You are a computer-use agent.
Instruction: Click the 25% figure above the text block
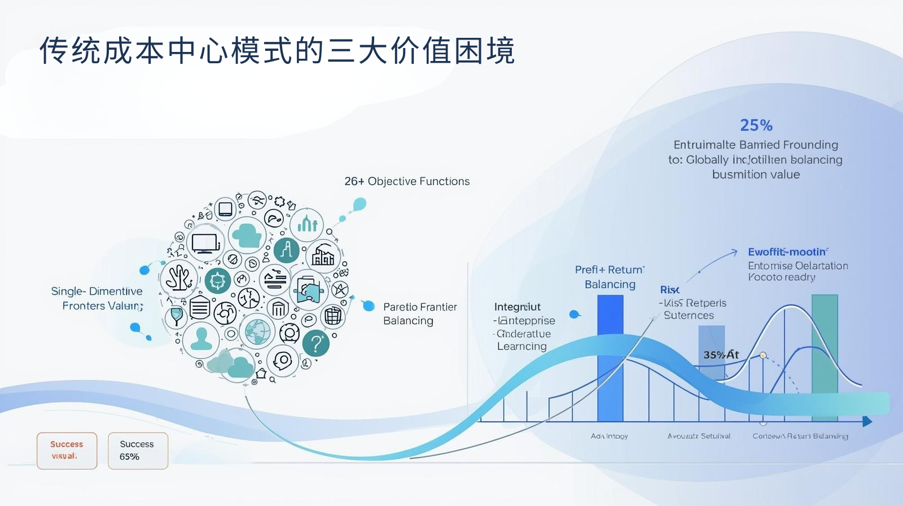coord(756,125)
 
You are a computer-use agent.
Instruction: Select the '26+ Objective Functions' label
coord(407,181)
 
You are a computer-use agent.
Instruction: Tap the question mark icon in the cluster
coord(316,343)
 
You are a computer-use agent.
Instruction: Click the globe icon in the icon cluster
coord(257,331)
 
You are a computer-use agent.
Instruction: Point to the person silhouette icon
coord(201,338)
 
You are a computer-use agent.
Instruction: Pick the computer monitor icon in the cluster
coord(204,243)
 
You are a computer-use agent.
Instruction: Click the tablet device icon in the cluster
coord(225,208)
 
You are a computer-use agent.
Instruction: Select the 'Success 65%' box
coord(138,451)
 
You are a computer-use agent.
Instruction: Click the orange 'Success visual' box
coord(67,451)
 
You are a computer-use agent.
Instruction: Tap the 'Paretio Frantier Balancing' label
coord(419,313)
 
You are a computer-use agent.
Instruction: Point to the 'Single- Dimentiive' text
coord(97,291)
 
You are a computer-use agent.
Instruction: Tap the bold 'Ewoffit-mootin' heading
coord(787,252)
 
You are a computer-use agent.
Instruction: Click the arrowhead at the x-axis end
coord(867,421)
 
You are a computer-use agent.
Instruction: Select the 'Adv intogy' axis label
coord(609,436)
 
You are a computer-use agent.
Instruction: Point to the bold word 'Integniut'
coord(517,307)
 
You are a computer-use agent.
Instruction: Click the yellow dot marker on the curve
coord(763,355)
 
